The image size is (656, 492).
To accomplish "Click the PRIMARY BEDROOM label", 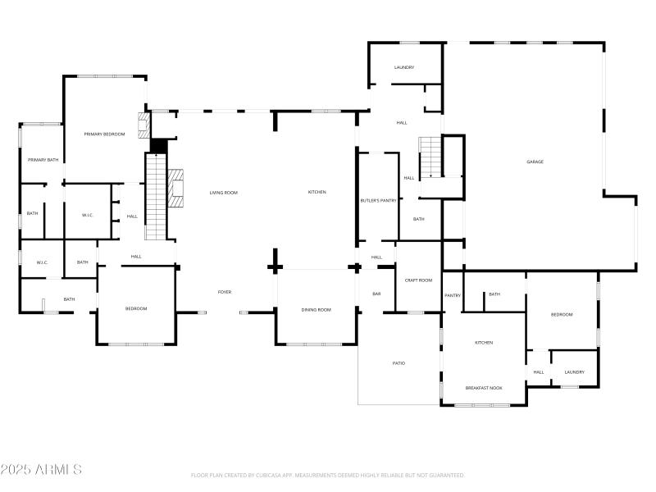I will pos(104,134).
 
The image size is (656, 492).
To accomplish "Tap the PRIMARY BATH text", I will pos(43,160).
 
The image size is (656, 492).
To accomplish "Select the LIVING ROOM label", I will pos(223,193).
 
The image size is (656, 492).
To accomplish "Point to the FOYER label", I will pos(224,293).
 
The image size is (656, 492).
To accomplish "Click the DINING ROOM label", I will pos(317,309).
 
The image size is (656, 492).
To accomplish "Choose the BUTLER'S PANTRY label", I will pos(378,200).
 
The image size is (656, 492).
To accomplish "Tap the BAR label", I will pos(376,294).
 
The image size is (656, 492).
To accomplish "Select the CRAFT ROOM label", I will pos(418,280).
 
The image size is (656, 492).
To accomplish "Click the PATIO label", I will pos(399,363).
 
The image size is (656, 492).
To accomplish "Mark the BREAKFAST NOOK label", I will pos(484,388).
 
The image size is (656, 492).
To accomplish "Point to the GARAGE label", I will pos(535,162).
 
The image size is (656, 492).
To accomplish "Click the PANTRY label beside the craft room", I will pos(453,295).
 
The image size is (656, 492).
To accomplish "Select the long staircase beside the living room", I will pos(156,197).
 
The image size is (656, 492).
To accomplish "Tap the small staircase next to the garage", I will pos(430,157).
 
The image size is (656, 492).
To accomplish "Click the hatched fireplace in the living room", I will pos(175,185).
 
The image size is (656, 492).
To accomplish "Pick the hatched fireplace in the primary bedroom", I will pos(145,125).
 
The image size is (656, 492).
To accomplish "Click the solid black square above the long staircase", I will pos(158,146).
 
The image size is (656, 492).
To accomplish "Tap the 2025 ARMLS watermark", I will pos(41,470).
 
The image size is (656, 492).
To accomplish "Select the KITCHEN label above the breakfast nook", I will pos(484,343).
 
